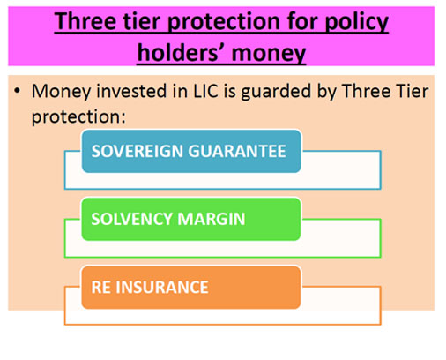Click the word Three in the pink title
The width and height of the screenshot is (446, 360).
85,21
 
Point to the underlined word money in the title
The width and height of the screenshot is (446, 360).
269,56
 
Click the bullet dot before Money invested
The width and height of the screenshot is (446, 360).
18,91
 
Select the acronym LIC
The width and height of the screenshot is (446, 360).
205,91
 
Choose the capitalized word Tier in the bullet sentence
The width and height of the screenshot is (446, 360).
412,91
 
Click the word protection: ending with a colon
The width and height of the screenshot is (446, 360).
78,117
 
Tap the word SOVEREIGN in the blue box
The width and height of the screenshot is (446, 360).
138,151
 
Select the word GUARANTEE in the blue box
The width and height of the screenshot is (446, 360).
237,151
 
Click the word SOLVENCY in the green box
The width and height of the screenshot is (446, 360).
131,219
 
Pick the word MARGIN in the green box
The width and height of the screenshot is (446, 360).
212,219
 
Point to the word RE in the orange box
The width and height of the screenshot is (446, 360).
100,287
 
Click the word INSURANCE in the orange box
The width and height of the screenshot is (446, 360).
162,287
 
